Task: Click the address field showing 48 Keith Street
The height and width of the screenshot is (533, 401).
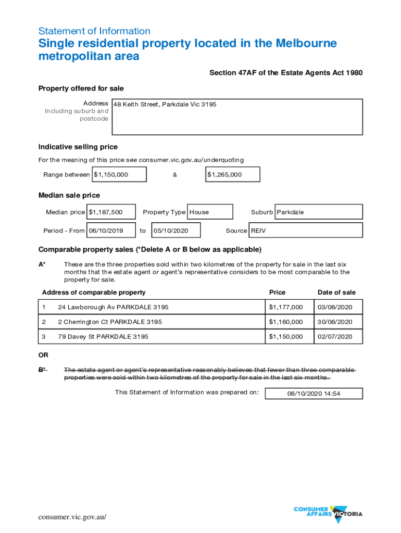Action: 236,117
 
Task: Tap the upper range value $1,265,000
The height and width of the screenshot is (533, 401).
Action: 232,174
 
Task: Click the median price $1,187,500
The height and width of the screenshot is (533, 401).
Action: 111,212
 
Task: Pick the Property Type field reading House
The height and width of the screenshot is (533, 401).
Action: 209,212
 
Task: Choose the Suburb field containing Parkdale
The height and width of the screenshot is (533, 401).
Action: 318,212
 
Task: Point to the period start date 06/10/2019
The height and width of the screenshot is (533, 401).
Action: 111,230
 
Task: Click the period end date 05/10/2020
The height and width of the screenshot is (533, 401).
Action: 176,230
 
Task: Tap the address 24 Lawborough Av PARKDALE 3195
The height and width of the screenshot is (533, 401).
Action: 113,307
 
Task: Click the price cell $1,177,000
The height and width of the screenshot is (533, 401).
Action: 285,307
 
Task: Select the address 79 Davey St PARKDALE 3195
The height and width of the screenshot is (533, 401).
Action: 103,337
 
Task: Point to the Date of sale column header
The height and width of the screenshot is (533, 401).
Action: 336,293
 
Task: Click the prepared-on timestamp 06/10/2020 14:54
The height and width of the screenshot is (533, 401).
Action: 314,394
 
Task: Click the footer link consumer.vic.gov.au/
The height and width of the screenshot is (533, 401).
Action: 72,516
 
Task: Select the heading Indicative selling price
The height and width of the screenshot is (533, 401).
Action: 78,147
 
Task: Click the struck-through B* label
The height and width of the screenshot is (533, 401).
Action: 42,370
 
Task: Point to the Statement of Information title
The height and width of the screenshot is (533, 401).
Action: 94,31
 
